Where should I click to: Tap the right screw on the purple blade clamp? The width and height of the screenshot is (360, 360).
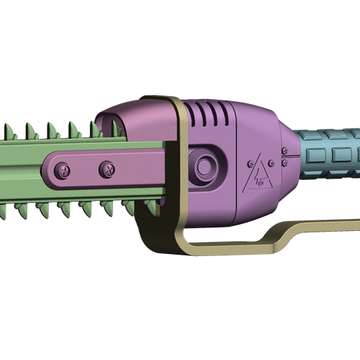(x=107, y=167)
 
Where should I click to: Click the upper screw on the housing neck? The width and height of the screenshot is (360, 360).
(x=284, y=149)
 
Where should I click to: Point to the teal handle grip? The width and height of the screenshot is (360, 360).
(x=331, y=155)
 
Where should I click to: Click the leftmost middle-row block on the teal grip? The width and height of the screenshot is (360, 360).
(x=318, y=155)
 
